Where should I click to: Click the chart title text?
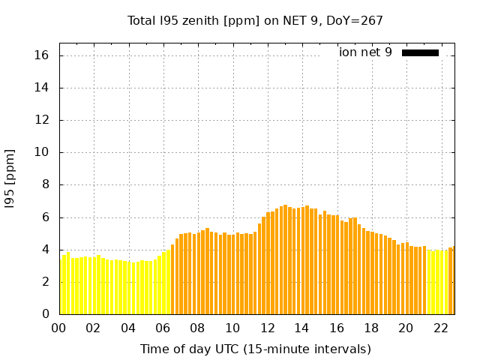click(x=255, y=20)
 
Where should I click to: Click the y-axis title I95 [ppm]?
click(x=10, y=178)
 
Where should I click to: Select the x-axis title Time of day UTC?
click(x=255, y=349)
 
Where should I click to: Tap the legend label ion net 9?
click(x=365, y=52)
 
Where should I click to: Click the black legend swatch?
click(x=420, y=52)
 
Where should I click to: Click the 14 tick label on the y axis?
click(x=42, y=88)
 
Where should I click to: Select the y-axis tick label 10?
click(x=42, y=152)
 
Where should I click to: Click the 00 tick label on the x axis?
click(x=59, y=328)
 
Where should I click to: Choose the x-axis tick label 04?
click(x=128, y=328)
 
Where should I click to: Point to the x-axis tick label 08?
click(x=197, y=328)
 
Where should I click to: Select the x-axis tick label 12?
click(x=267, y=328)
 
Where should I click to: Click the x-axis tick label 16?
click(x=336, y=328)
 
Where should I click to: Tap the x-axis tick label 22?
click(x=440, y=328)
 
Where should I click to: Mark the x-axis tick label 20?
click(x=406, y=328)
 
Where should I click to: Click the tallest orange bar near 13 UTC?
click(x=285, y=259)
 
